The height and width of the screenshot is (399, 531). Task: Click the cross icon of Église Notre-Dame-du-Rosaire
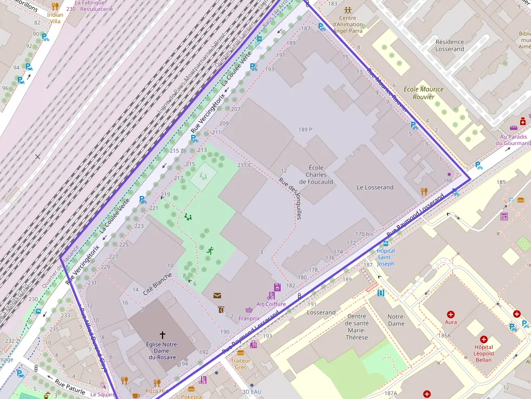pos(162,335)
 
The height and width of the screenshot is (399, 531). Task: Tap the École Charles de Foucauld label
pos(316,175)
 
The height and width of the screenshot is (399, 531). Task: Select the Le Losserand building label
pos(375,187)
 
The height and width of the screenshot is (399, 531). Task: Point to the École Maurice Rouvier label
pos(423,93)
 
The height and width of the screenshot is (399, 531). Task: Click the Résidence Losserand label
pos(450,45)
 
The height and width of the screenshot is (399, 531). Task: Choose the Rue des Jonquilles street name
pos(290,199)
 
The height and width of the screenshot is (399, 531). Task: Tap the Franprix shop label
pos(249,319)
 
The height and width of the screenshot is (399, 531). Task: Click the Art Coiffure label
pos(271,304)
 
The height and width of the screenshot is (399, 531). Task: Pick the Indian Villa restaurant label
pos(55,18)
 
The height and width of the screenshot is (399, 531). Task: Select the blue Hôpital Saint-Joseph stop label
pos(386,257)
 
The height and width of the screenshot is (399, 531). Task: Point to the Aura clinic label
pos(450,322)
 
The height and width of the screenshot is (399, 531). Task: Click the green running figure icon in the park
pos(210,250)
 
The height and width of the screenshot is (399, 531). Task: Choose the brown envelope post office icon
pos(217,296)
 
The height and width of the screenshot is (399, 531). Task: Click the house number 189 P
pos(305,129)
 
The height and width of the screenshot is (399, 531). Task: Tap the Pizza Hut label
pos(157,390)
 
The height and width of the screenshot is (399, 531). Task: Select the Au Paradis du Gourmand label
pos(513,140)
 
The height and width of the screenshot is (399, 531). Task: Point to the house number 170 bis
pos(364,234)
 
